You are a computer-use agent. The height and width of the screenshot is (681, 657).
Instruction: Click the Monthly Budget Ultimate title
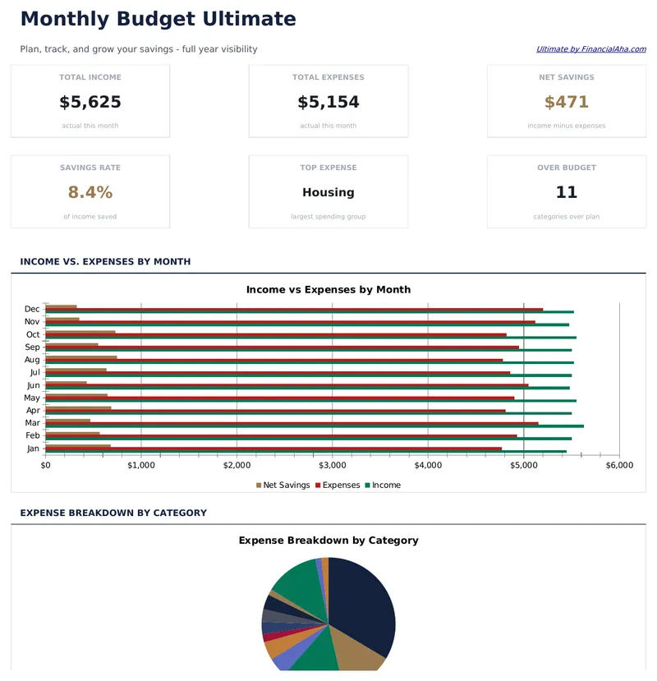click(x=158, y=19)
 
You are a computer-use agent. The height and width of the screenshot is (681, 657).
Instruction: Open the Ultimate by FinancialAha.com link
click(x=590, y=49)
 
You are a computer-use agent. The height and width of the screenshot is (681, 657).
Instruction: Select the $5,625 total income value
click(x=90, y=103)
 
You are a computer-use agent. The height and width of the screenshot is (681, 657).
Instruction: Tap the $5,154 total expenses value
click(x=328, y=103)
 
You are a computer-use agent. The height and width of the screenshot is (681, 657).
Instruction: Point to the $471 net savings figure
click(x=567, y=103)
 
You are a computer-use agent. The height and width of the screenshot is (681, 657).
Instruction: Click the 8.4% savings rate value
click(x=90, y=193)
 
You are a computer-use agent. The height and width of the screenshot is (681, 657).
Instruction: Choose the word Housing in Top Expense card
click(x=328, y=193)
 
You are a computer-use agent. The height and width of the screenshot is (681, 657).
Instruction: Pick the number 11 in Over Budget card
click(x=567, y=193)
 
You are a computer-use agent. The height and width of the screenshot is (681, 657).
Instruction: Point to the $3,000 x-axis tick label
click(x=332, y=465)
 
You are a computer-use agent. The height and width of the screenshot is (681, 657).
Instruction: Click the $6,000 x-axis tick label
click(x=619, y=465)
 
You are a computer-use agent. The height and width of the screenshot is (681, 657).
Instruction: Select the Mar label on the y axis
click(x=33, y=422)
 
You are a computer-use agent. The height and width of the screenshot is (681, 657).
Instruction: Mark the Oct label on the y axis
click(x=33, y=334)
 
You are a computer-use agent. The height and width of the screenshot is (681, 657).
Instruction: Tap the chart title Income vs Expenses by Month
click(x=328, y=290)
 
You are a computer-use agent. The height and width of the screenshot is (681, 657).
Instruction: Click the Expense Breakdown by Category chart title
click(x=328, y=541)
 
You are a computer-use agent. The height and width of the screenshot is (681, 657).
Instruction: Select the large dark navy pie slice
click(x=361, y=608)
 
